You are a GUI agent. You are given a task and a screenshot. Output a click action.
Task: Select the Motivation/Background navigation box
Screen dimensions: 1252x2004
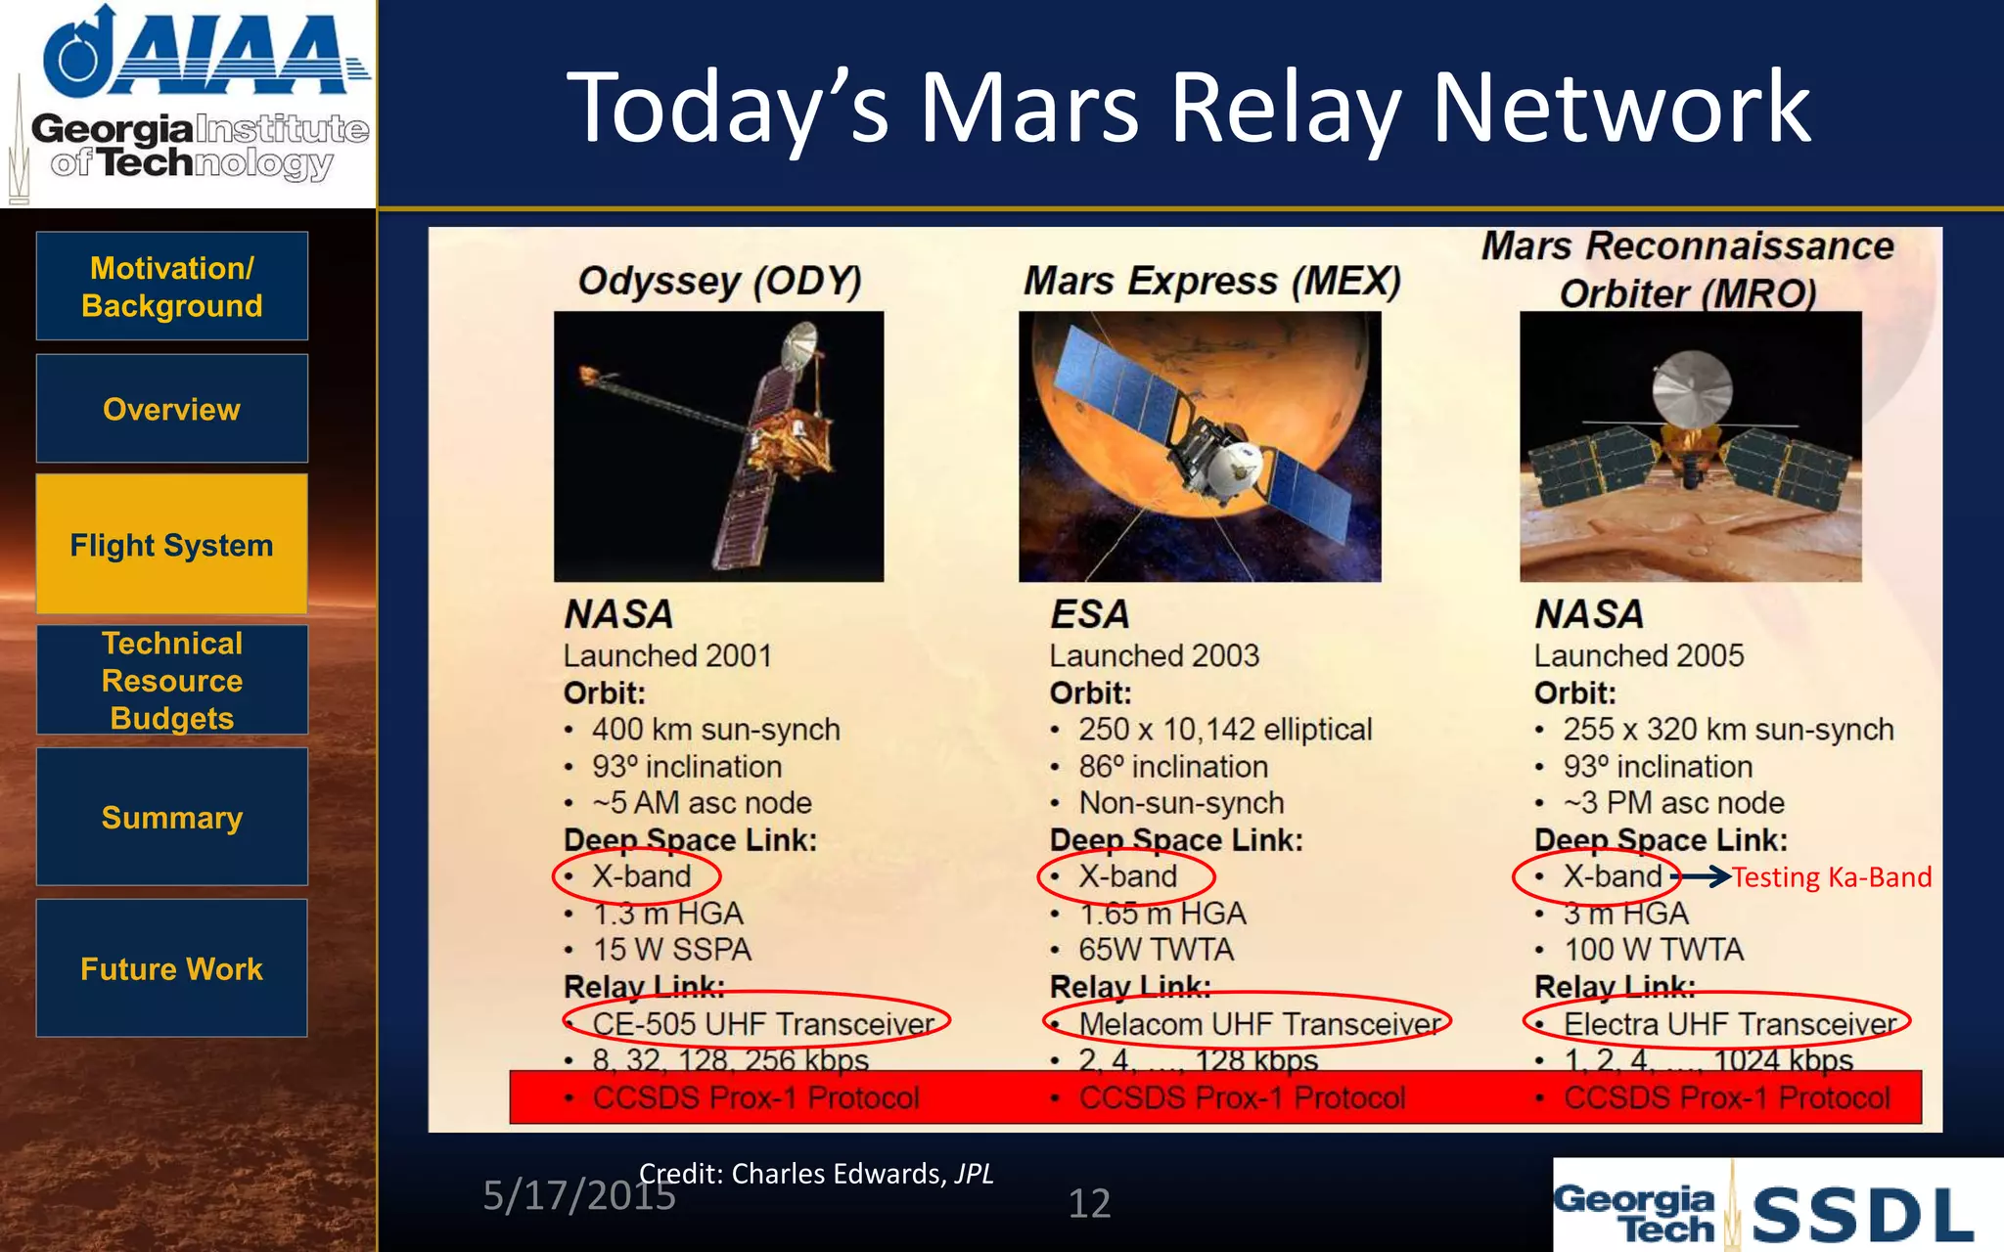click(172, 287)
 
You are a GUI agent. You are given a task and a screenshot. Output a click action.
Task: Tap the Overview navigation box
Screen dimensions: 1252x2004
click(172, 409)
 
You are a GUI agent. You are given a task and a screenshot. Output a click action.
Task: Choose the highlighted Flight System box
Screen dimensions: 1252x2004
click(172, 544)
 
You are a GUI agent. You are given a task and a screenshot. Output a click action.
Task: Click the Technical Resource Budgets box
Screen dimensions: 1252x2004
click(172, 680)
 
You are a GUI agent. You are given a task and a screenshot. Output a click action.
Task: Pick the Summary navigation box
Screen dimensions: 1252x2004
click(172, 817)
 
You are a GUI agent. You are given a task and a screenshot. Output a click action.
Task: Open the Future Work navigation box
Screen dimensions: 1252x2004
click(172, 968)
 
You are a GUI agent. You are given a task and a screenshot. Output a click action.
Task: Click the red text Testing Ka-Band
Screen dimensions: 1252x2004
click(1832, 877)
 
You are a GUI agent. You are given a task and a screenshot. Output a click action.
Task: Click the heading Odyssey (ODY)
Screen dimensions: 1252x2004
click(720, 282)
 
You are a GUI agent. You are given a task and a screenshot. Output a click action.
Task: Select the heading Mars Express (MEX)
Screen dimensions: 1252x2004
click(1211, 282)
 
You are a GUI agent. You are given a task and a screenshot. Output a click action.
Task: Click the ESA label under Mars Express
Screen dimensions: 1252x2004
click(1089, 614)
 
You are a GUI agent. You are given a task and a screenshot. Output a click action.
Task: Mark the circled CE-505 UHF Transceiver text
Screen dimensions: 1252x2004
click(763, 1024)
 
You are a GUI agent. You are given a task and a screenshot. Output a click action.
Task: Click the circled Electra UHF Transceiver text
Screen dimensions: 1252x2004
click(1729, 1024)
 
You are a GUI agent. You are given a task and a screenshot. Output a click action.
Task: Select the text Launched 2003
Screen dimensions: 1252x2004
click(1154, 655)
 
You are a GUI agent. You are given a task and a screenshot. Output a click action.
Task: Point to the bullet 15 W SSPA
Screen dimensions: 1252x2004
click(672, 950)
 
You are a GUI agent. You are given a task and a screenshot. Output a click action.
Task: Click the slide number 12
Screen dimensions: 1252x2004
click(1089, 1203)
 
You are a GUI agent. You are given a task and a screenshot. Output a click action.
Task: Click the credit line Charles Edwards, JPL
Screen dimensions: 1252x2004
click(816, 1174)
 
